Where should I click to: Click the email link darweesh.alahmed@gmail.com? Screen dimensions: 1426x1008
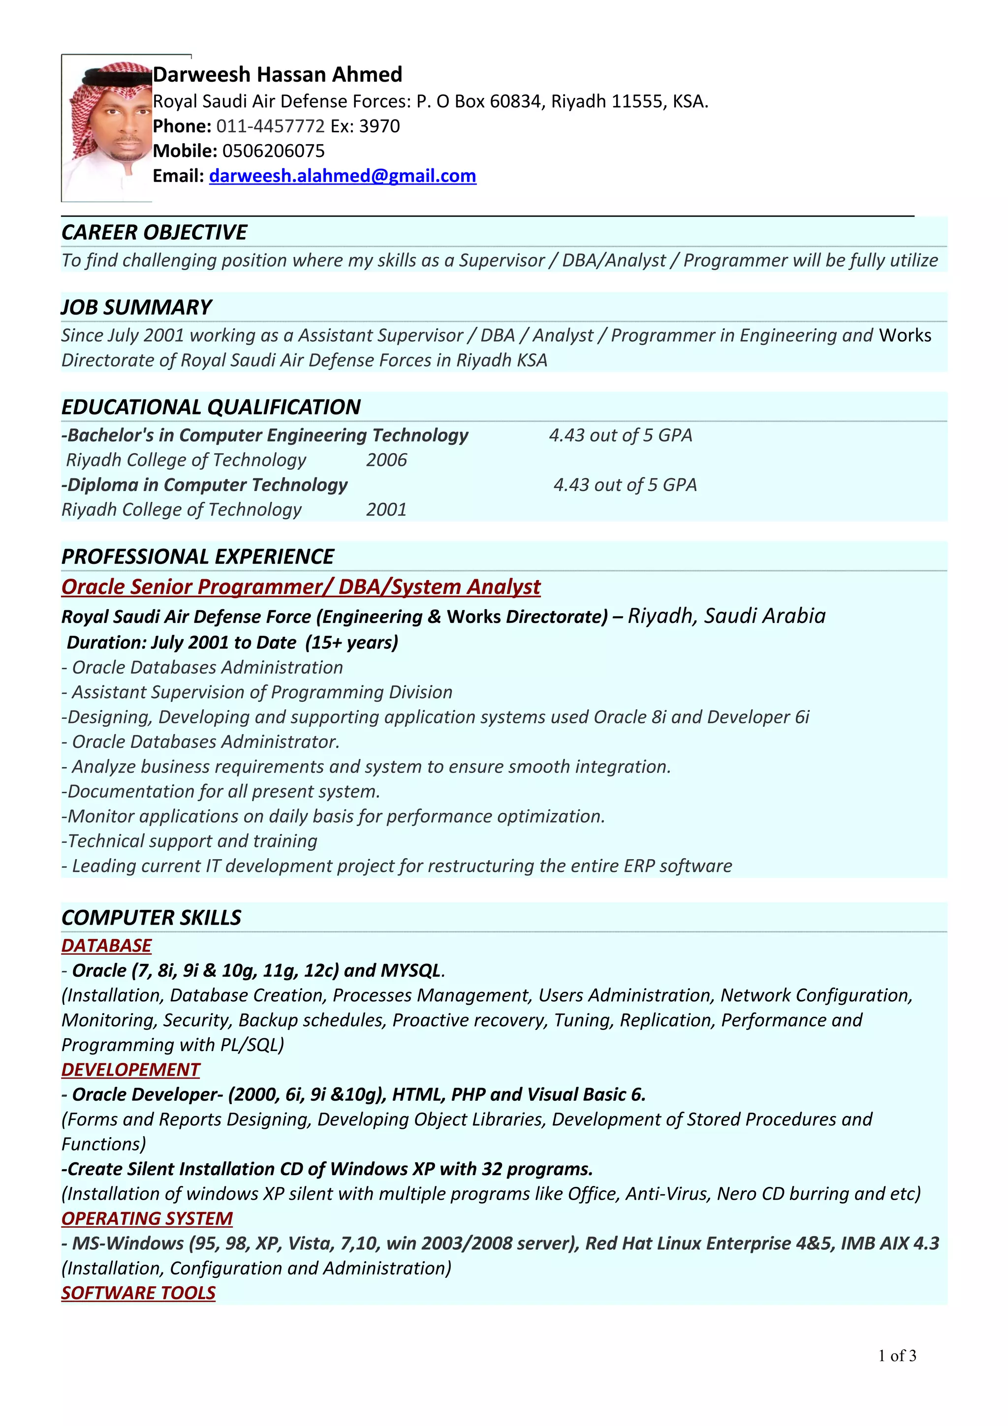pos(342,176)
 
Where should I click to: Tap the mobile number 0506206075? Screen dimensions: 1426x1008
pos(273,151)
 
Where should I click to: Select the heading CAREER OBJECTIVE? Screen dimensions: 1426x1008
pos(154,232)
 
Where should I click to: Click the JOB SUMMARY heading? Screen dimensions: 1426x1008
pos(137,307)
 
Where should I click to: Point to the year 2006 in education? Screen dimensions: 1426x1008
pos(386,460)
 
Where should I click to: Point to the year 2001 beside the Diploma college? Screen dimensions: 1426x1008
pos(386,509)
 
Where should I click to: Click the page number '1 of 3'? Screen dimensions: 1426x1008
pos(897,1355)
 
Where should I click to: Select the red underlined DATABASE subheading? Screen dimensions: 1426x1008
pos(106,945)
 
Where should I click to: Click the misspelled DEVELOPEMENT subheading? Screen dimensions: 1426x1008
pos(130,1070)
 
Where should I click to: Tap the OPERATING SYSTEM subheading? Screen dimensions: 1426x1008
pos(147,1218)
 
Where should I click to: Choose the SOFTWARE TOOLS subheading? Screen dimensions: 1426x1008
pos(138,1293)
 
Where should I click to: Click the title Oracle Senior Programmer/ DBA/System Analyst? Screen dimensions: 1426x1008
pos(301,587)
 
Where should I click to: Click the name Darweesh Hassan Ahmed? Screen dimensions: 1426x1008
pos(278,74)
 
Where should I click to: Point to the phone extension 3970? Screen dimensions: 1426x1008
pos(379,126)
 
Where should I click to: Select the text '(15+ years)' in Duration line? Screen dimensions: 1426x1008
pos(351,642)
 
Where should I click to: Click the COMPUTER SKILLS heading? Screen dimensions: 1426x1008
pos(152,917)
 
